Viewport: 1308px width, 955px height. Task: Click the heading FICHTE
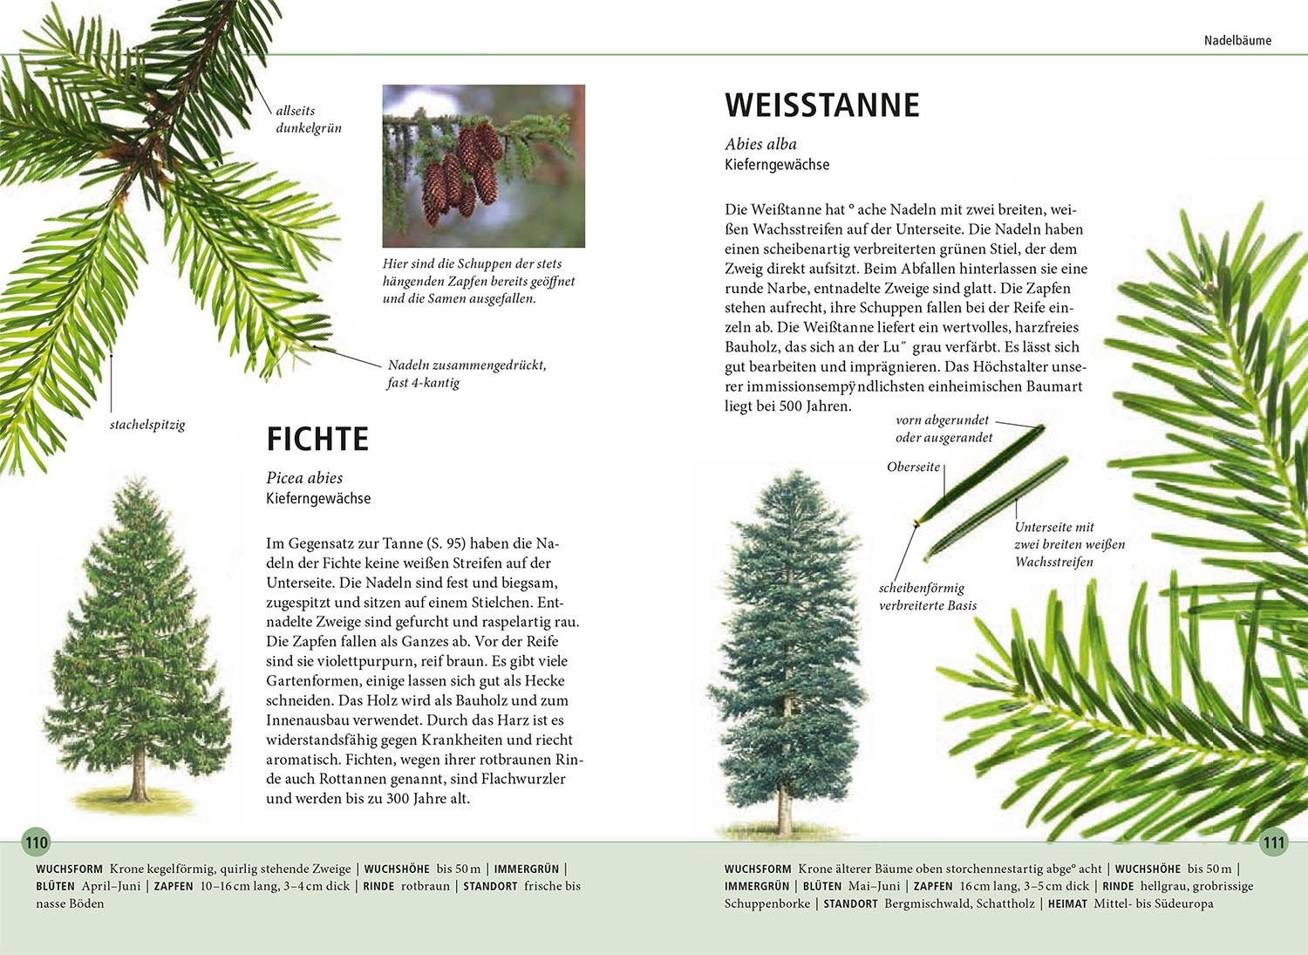click(317, 439)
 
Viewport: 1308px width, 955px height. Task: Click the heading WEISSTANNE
click(822, 105)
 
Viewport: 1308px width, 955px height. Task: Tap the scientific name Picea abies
click(304, 478)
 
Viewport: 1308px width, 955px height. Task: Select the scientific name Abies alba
click(760, 144)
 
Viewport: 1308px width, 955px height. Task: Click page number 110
click(37, 842)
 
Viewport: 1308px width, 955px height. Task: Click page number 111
click(1273, 842)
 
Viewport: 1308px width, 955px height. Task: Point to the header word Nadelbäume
click(1237, 40)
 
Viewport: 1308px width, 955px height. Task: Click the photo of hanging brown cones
click(483, 166)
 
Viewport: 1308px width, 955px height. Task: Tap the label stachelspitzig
click(147, 426)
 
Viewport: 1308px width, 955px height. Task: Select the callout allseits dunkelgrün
click(308, 119)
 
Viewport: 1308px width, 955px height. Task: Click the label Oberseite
click(913, 467)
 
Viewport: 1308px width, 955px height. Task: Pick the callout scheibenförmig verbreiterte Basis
click(927, 597)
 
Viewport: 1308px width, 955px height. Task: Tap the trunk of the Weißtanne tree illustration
click(785, 807)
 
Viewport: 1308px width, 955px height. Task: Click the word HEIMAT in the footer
click(1067, 904)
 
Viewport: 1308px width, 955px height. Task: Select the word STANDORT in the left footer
click(490, 886)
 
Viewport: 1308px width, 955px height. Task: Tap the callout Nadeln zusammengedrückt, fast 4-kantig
click(467, 374)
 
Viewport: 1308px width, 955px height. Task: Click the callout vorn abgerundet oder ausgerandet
click(944, 429)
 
